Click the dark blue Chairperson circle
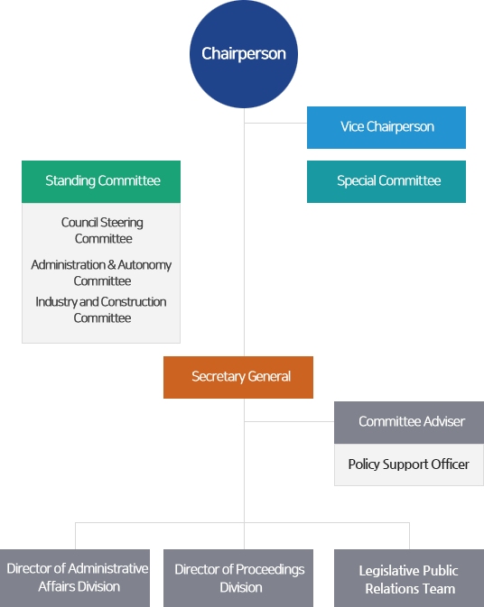tap(244, 54)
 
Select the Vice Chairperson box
tap(386, 127)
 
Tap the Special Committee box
tap(386, 181)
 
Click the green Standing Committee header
tap(101, 181)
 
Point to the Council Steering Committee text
tap(103, 230)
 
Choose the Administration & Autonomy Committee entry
tap(101, 272)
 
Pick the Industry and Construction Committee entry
tap(101, 309)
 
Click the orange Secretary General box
tap(238, 377)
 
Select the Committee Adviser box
tap(409, 422)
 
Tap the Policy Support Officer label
tap(408, 464)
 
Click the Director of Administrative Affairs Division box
tap(75, 578)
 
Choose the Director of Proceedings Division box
tap(238, 578)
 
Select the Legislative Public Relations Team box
tap(409, 578)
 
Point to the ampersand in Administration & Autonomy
tap(112, 265)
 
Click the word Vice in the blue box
tap(352, 126)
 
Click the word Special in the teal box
tap(357, 180)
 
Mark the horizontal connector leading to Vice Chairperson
tap(275, 123)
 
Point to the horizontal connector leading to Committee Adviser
tap(289, 421)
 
